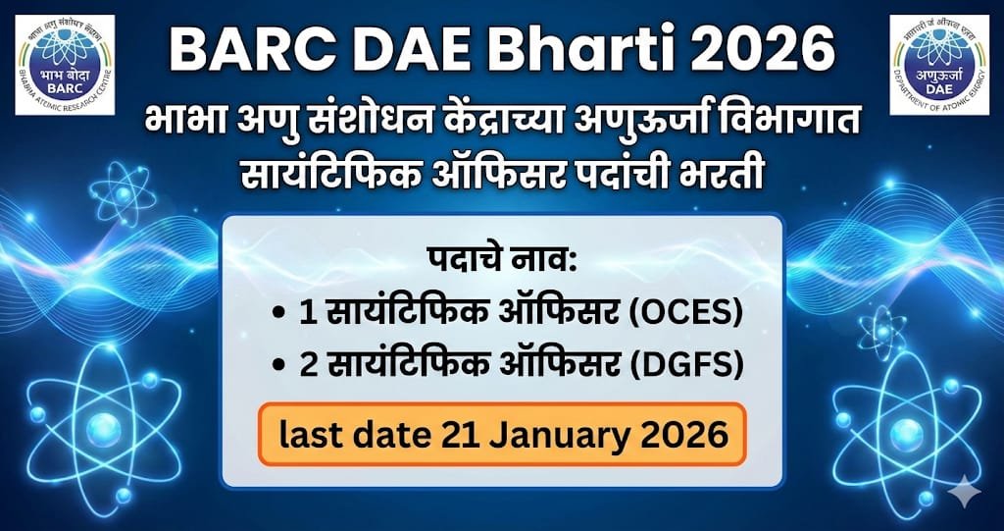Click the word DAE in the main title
pos(403,50)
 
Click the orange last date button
pos(502,433)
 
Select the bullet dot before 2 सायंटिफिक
pos(280,365)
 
